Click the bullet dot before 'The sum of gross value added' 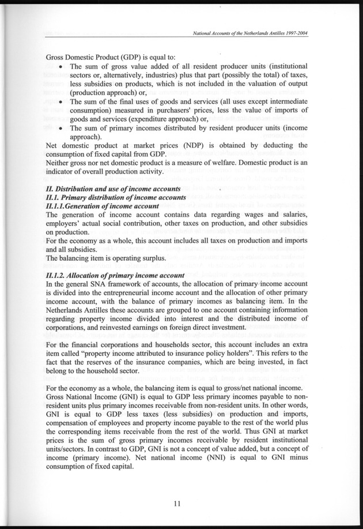pyautogui.click(x=60, y=66)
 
